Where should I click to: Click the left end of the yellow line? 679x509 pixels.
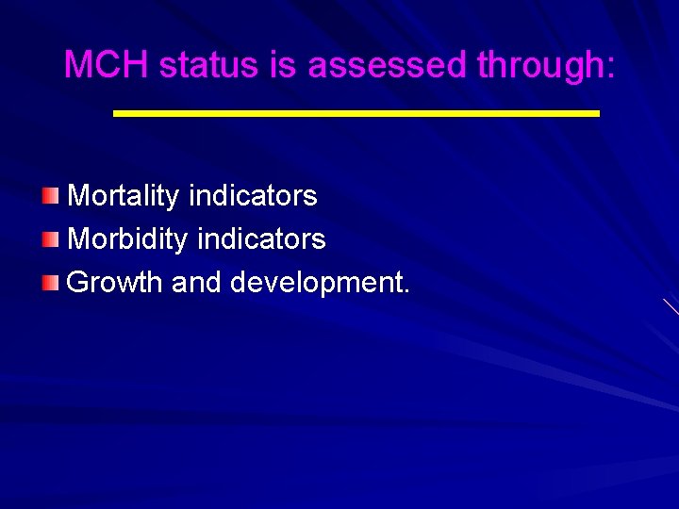116,112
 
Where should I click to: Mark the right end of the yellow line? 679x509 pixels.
597,112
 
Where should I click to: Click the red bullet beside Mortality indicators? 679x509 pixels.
50,196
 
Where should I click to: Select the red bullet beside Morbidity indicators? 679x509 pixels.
50,239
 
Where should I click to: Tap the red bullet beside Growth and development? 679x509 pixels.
50,282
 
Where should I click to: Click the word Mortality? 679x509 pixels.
124,196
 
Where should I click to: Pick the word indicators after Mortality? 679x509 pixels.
253,196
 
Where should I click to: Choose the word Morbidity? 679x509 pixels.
128,239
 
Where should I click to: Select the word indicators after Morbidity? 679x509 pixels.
262,239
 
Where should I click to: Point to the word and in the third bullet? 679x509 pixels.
196,283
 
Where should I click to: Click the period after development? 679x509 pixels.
406,291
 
